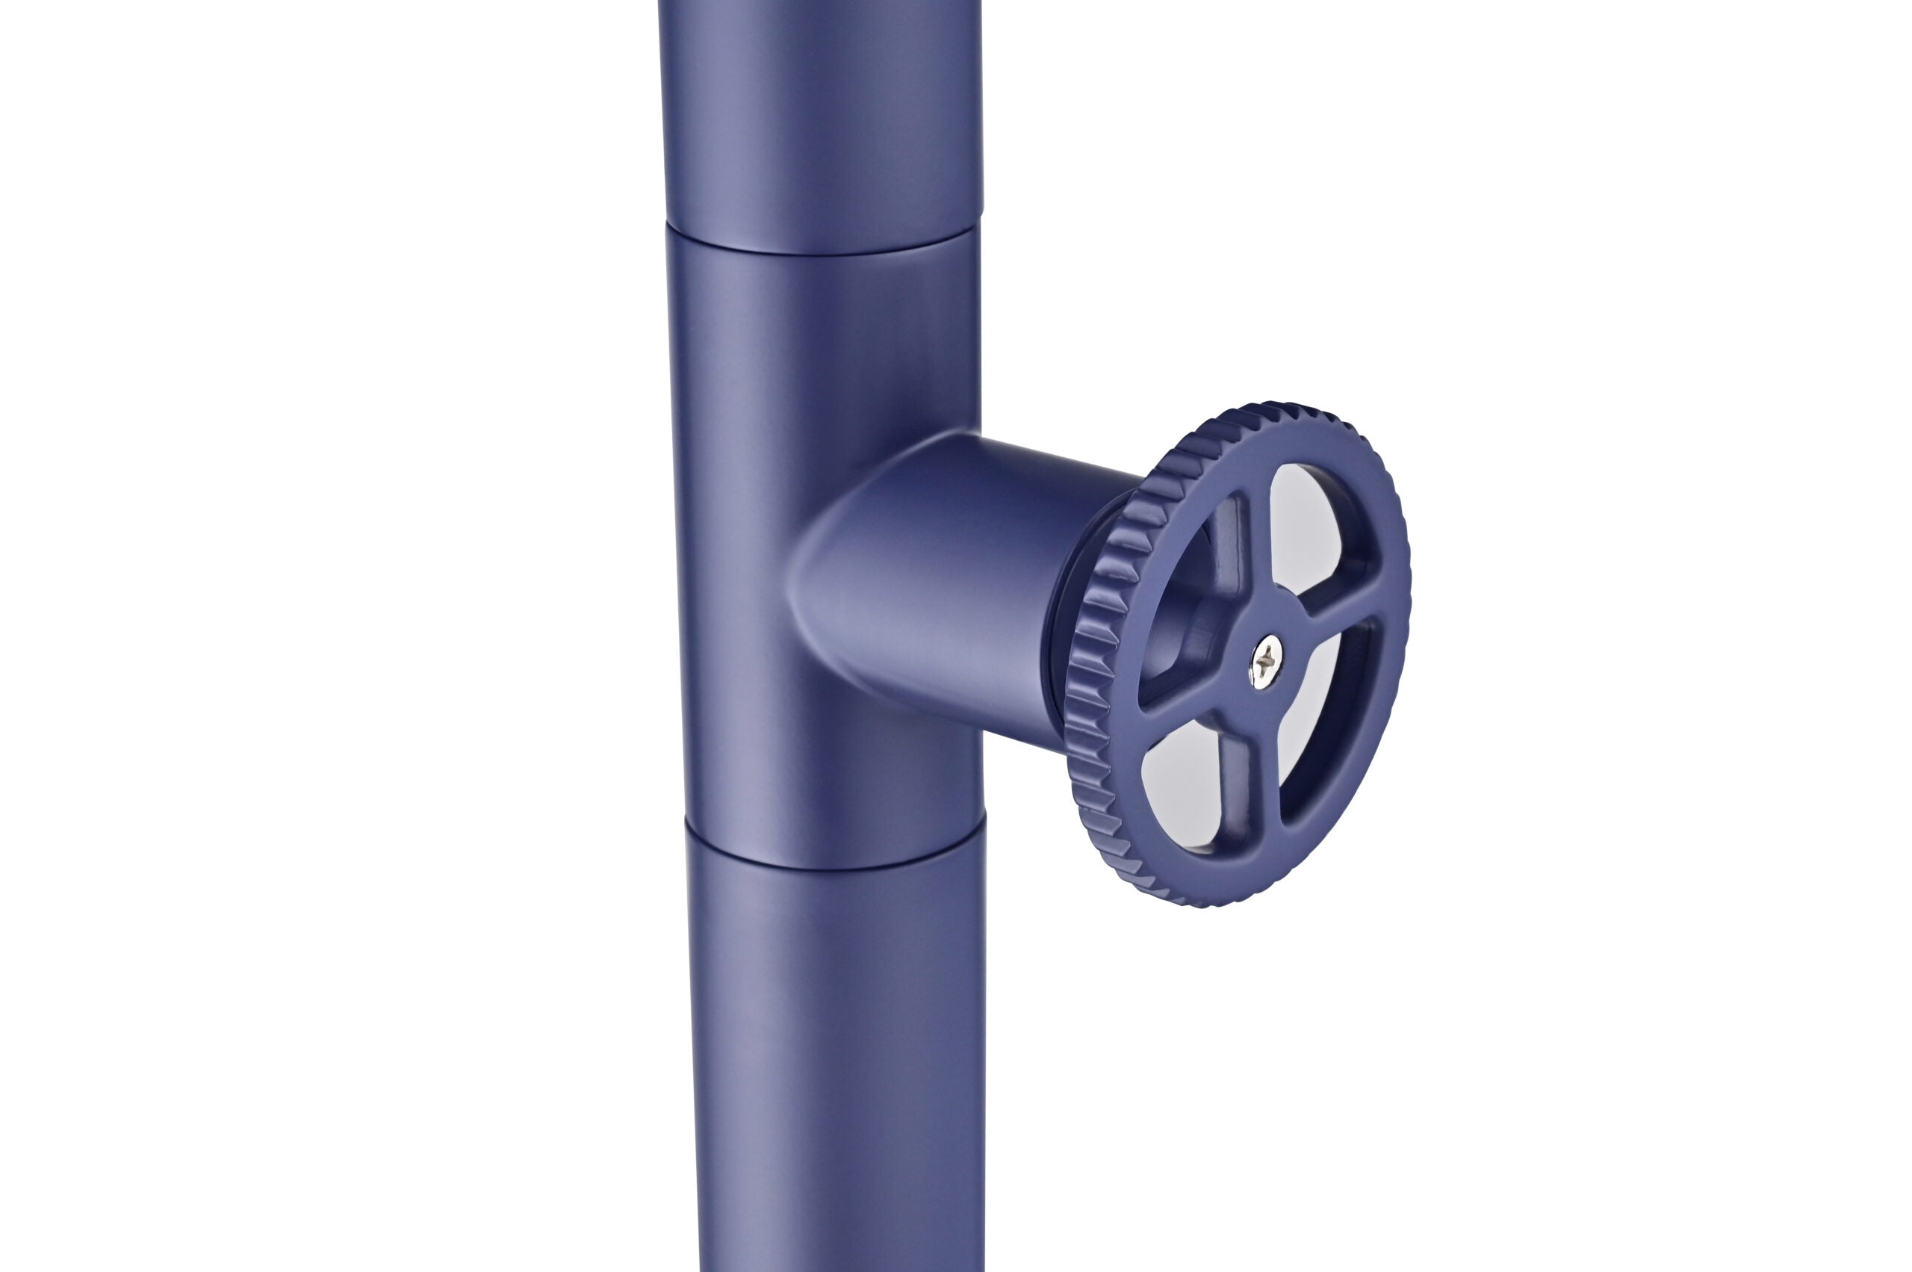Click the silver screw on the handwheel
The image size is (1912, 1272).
1264,662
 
